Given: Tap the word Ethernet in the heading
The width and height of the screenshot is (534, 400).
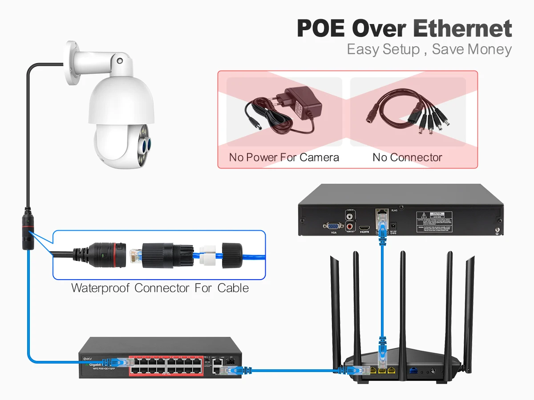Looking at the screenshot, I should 463,28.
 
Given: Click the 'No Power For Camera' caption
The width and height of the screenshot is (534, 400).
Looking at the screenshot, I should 284,157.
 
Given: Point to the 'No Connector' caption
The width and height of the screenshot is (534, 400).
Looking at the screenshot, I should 407,157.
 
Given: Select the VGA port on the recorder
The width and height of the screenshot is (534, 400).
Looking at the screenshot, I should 333,226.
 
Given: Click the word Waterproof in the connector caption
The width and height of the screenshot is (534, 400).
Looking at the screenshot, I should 101,288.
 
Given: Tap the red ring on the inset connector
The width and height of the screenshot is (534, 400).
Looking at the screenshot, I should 120,255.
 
